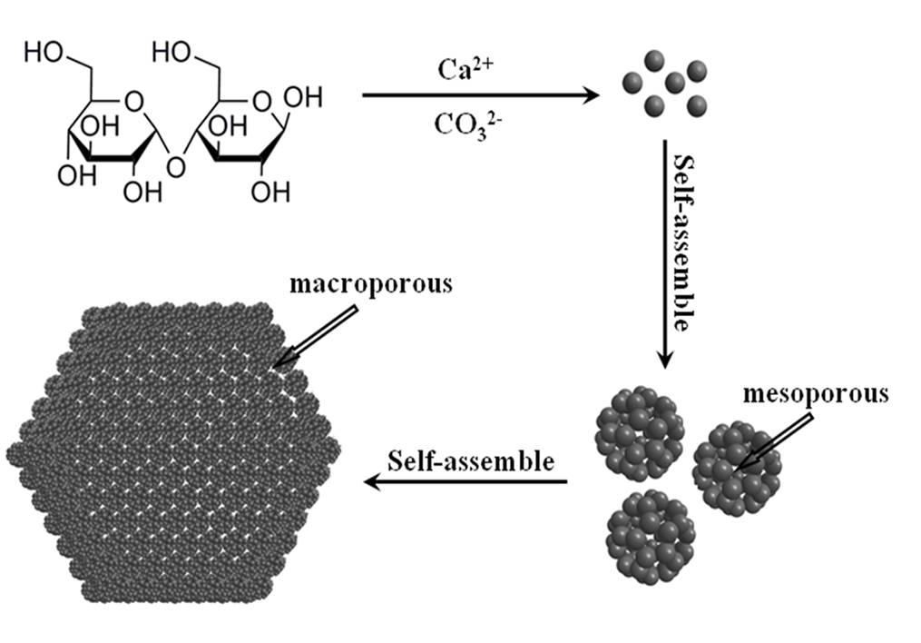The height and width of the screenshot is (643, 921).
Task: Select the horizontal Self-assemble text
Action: click(x=470, y=460)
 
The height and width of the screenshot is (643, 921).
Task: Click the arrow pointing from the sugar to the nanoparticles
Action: click(x=481, y=94)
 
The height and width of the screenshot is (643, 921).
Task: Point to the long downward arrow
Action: click(x=664, y=254)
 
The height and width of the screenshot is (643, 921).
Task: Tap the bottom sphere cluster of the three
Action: click(x=651, y=534)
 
